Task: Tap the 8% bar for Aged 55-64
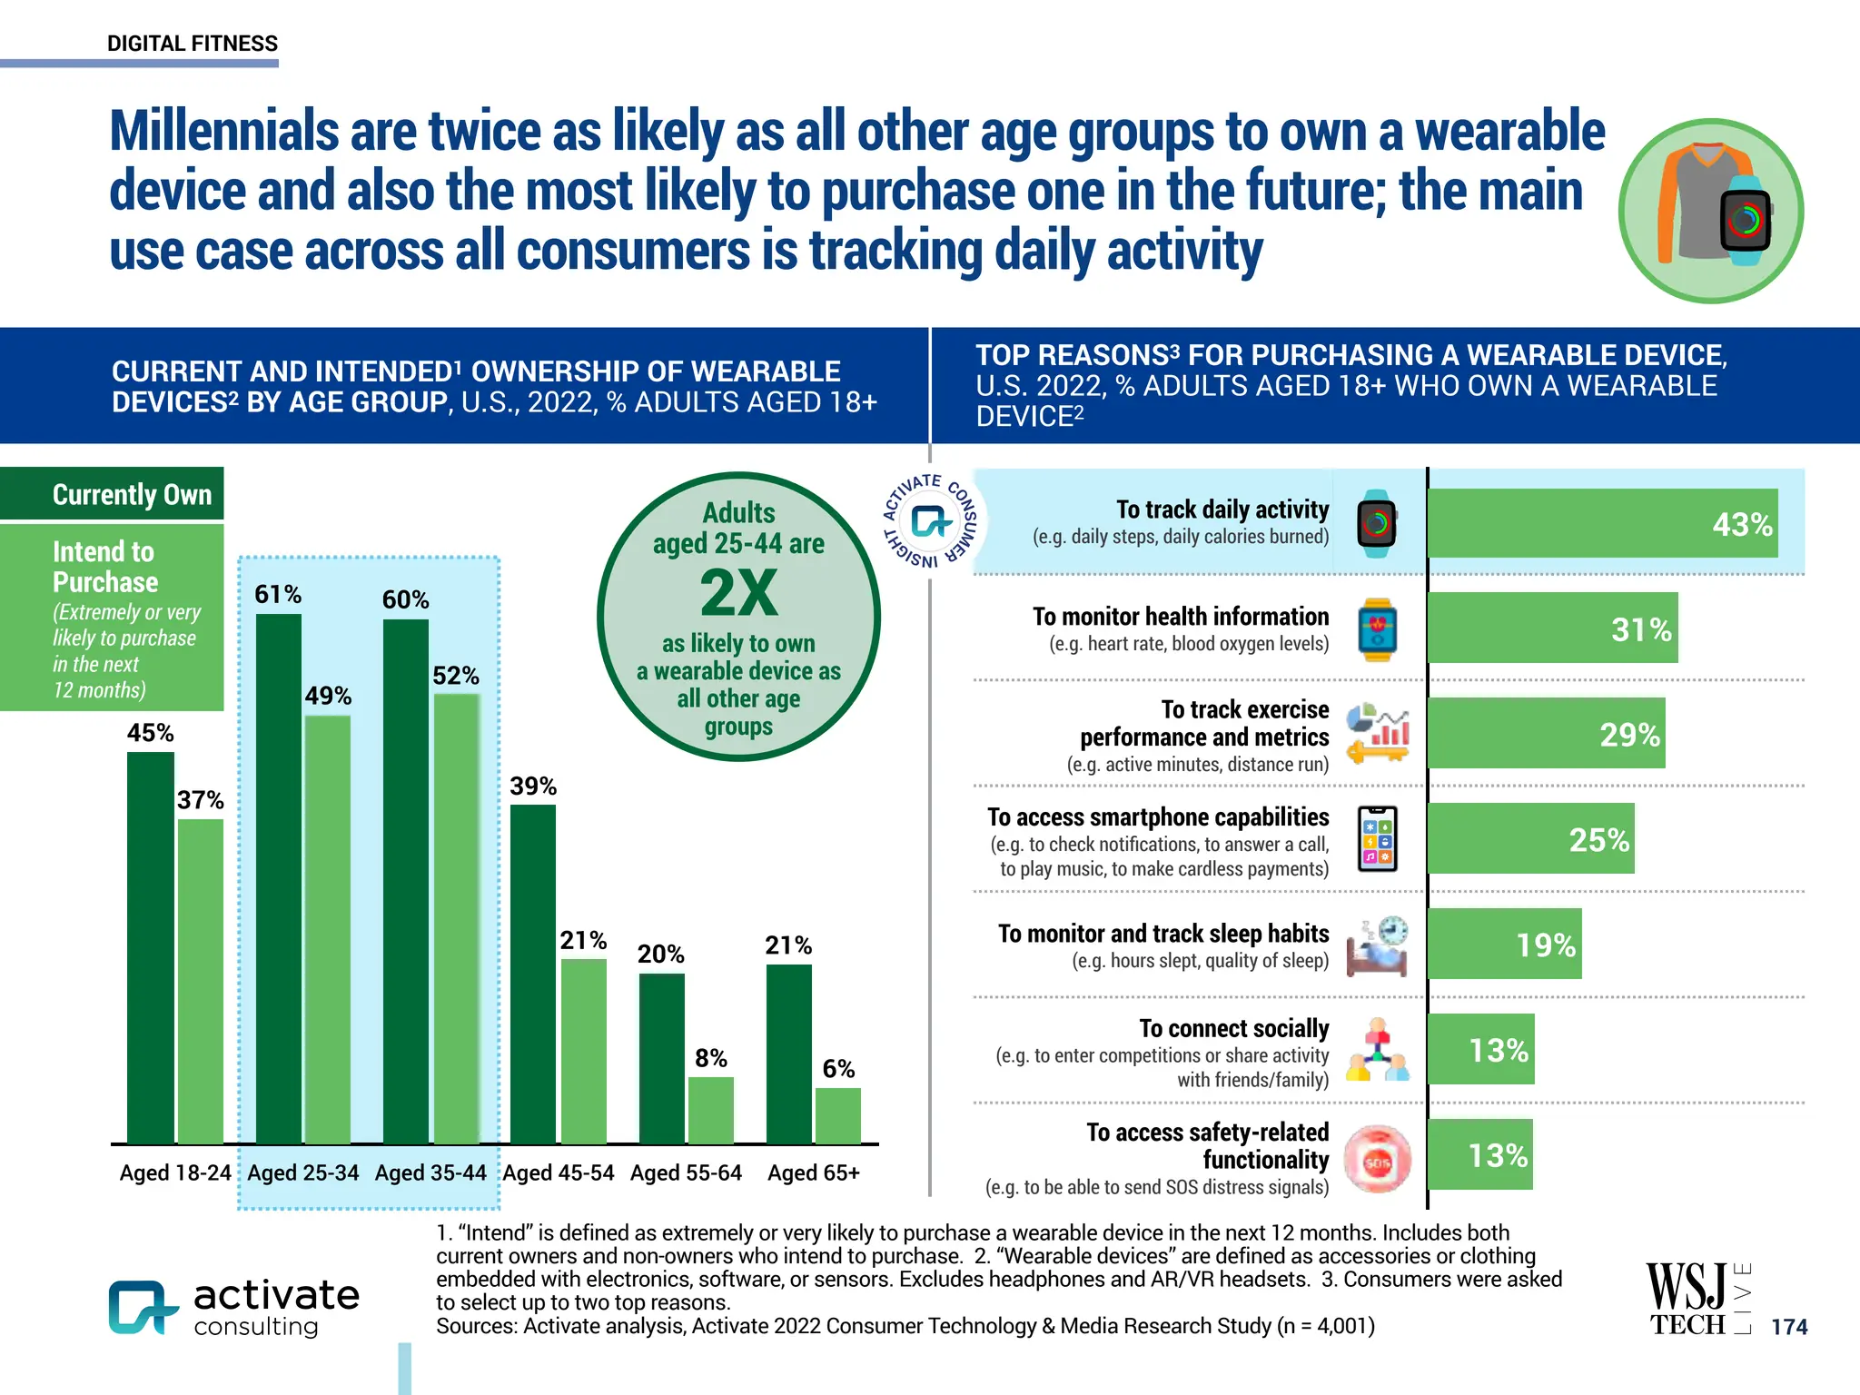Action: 710,1110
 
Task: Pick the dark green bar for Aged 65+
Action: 788,1054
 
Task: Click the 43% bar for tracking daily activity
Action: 1602,523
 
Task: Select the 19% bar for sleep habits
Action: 1504,944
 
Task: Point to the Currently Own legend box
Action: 113,494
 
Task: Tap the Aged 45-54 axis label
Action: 559,1173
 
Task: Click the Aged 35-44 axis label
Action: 430,1173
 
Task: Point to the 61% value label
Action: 278,595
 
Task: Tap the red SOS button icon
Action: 1377,1161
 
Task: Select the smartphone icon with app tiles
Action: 1377,839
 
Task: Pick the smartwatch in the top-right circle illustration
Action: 1746,221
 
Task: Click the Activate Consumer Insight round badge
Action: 932,521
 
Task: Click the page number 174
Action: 1789,1327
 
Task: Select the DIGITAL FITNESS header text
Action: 193,44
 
